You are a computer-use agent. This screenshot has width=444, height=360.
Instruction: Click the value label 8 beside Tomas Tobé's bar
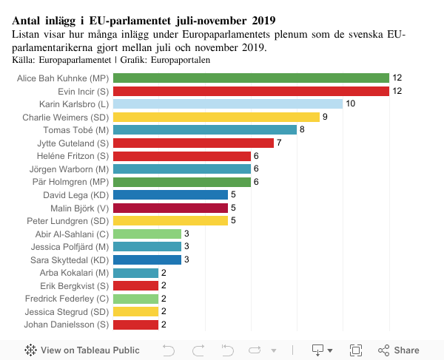click(302, 129)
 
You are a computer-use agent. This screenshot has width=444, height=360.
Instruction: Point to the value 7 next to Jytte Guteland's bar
click(279, 143)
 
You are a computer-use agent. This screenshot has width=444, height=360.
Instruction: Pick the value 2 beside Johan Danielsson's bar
click(164, 325)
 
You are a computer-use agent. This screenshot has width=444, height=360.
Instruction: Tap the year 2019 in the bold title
click(258, 20)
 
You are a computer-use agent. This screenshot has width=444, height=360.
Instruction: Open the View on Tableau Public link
click(81, 350)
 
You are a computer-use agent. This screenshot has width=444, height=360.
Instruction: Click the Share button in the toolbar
click(400, 350)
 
